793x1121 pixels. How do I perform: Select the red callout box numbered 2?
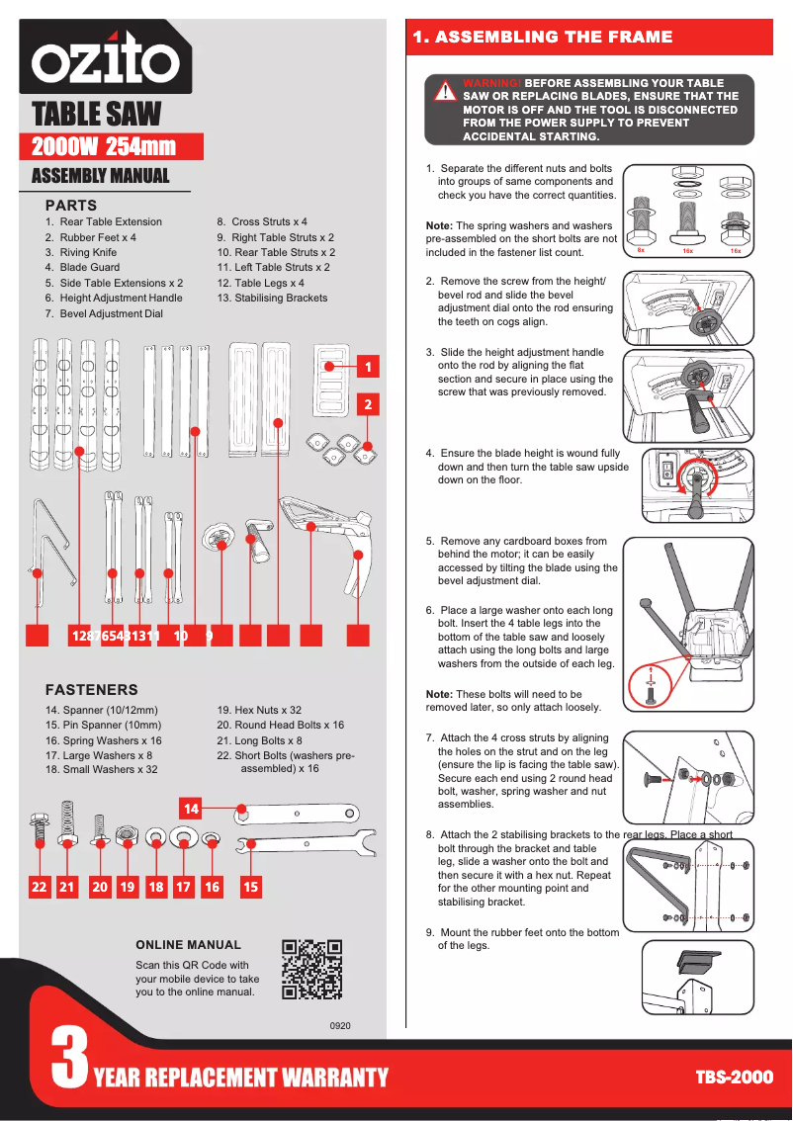[x=368, y=404]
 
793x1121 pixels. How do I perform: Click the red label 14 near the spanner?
[x=191, y=809]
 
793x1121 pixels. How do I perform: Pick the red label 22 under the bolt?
[x=39, y=887]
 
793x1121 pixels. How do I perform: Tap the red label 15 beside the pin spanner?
[x=251, y=887]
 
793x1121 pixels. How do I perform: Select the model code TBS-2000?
[x=734, y=1077]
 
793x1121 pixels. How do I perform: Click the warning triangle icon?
[x=446, y=92]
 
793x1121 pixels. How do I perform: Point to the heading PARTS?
[x=71, y=205]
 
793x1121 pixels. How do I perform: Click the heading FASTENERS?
[x=92, y=689]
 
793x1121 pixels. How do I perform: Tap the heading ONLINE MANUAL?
[x=188, y=945]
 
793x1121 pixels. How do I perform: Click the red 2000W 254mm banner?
[x=111, y=147]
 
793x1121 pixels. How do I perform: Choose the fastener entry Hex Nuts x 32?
[x=259, y=710]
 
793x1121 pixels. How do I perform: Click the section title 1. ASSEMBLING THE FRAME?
[x=542, y=38]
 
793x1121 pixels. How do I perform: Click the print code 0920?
[x=340, y=1026]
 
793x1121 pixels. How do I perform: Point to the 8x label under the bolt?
[x=641, y=251]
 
